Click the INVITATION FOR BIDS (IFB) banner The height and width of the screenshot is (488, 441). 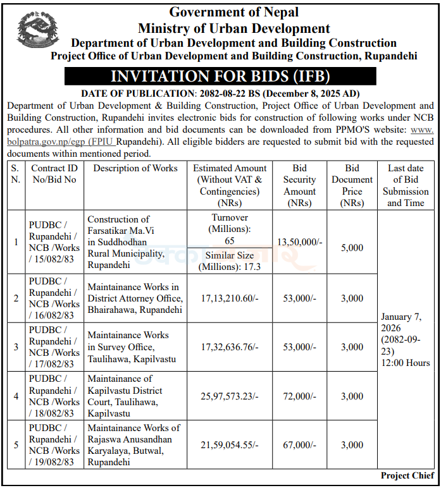pos(221,76)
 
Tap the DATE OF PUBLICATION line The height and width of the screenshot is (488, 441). pos(221,94)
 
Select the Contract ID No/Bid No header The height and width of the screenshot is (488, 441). pos(54,174)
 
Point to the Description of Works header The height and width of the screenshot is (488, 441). pos(135,168)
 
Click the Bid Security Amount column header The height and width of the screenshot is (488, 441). pos(299,185)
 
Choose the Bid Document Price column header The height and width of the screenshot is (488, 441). pos(352,185)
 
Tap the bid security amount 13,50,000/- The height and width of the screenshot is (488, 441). pos(299,241)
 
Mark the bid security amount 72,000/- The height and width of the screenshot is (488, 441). pos(299,396)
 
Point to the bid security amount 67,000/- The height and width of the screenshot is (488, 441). pos(299,445)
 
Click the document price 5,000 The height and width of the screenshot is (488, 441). pos(352,248)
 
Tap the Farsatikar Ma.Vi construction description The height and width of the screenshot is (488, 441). pos(127,242)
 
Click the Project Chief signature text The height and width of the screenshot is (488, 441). pos(407,475)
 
